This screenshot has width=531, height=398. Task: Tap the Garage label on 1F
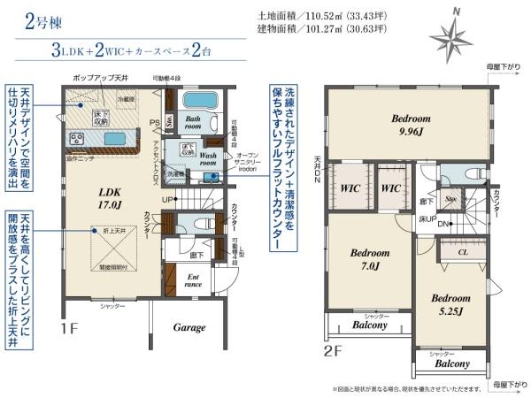(189, 327)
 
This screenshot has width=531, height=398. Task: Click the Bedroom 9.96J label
(411, 125)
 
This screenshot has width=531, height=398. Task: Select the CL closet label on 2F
(463, 252)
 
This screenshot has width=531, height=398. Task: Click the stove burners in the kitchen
(76, 139)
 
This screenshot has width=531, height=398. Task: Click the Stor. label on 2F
(451, 199)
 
